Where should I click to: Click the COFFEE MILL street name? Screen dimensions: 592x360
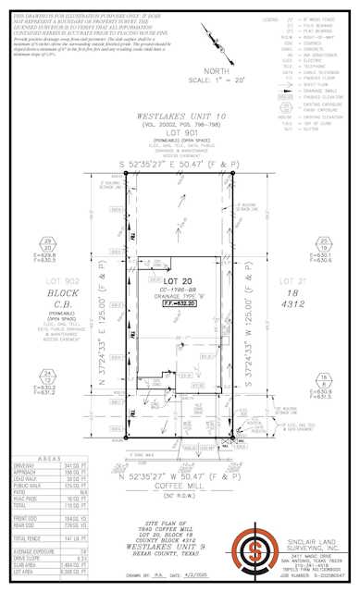[180, 469]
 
